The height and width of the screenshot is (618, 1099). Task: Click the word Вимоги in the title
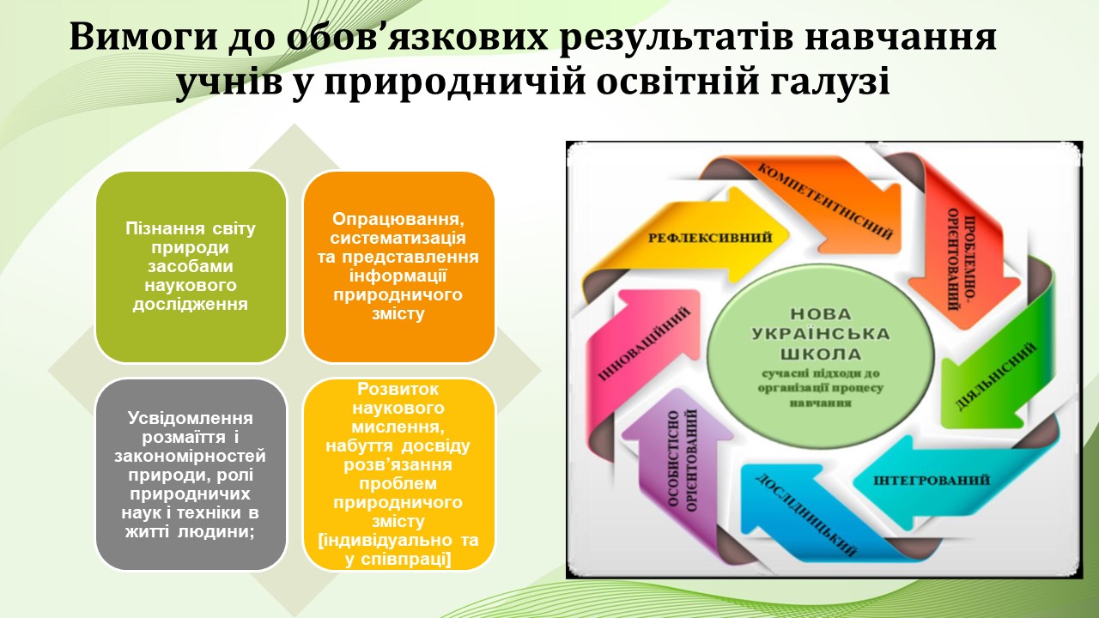143,38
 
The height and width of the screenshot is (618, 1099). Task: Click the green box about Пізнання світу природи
191,267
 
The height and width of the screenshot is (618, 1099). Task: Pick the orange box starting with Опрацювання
398,267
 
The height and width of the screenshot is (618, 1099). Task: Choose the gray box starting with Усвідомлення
191,475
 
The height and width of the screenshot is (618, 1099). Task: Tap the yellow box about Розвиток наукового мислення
398,475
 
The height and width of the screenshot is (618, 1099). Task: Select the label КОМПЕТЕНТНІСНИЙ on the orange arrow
825,202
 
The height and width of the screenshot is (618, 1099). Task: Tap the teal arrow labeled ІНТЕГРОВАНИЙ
932,480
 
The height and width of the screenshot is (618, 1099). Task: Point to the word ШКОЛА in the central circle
820,354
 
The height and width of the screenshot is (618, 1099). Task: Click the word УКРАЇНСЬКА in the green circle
820,334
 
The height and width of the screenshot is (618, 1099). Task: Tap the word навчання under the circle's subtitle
820,403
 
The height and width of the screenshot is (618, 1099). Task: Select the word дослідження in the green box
191,305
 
